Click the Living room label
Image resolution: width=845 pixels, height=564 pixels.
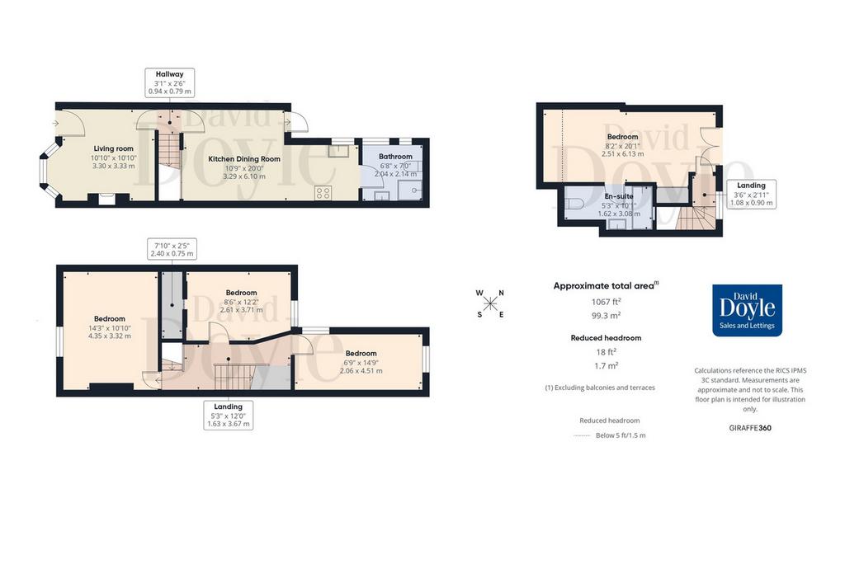pos(113,148)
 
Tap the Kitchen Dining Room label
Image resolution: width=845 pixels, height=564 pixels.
pos(244,159)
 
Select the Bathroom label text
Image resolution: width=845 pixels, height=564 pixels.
pos(395,156)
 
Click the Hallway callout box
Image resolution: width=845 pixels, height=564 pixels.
pos(170,82)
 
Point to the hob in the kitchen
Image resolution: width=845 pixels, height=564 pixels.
pos(323,193)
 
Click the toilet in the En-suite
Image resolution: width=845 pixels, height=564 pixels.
pos(574,204)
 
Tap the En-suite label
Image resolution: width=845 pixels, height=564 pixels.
pos(619,196)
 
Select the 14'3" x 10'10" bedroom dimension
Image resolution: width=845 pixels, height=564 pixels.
pos(110,327)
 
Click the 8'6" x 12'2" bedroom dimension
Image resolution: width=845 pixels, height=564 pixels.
pos(242,302)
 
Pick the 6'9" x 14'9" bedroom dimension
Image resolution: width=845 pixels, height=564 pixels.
pos(361,362)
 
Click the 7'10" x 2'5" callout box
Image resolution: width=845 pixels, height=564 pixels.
pos(172,249)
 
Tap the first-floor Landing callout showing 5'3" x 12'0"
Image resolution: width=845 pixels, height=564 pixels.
pos(228,415)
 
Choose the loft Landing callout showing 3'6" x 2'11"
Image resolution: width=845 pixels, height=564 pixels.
pos(751,194)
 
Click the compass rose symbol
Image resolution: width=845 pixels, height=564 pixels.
pos(490,303)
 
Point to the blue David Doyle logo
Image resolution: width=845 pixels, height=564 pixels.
pos(747,310)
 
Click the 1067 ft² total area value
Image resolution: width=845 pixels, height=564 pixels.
pos(607,302)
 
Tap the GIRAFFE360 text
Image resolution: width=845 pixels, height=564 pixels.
pos(750,428)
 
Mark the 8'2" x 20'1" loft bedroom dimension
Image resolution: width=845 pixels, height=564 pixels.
pos(622,145)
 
